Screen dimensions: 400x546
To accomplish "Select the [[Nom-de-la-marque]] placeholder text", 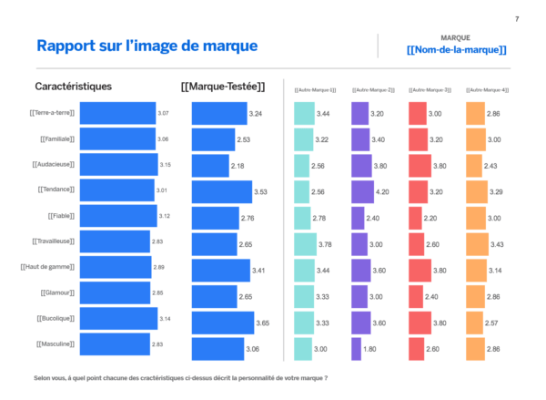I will click(456, 50).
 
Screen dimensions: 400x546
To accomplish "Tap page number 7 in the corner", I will click(517, 19).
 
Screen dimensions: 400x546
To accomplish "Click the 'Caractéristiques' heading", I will click(73, 87).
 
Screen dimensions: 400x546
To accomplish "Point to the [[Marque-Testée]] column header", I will click(223, 87).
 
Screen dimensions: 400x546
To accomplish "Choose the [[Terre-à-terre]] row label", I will click(51, 113).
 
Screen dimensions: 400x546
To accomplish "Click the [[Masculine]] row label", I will click(55, 344).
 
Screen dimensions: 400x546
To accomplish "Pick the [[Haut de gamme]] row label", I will click(47, 267).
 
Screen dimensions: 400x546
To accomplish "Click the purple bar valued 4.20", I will click(362, 192).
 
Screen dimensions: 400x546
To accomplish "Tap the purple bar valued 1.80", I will click(356, 349).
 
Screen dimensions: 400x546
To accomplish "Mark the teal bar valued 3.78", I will click(305, 244).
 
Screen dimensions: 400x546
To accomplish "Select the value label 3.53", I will click(260, 192).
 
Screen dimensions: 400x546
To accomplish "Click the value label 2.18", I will click(238, 166).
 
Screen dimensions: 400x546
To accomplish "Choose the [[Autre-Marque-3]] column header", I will click(426, 89).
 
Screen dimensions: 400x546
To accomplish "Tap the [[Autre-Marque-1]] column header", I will click(315, 89).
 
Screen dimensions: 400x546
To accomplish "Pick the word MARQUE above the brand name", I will click(455, 37).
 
